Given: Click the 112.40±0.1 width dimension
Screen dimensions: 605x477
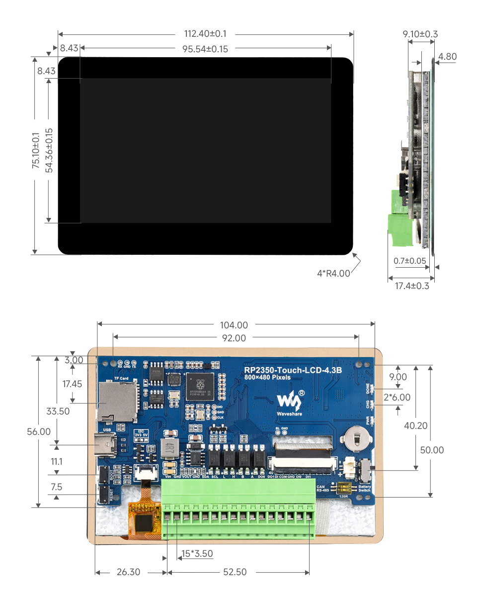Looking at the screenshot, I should (205, 34).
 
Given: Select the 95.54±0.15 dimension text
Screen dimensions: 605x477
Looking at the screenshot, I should (205, 48).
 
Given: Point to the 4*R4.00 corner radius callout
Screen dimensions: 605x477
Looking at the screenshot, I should (333, 273).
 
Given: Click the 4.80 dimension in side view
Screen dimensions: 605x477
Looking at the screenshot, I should (447, 57).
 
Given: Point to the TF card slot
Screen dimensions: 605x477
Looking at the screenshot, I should (117, 399).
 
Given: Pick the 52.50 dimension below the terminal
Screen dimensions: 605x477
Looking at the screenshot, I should (235, 572).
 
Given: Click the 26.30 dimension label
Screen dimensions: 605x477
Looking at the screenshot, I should (128, 572).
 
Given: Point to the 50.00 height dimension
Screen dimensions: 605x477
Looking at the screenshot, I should (432, 450).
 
